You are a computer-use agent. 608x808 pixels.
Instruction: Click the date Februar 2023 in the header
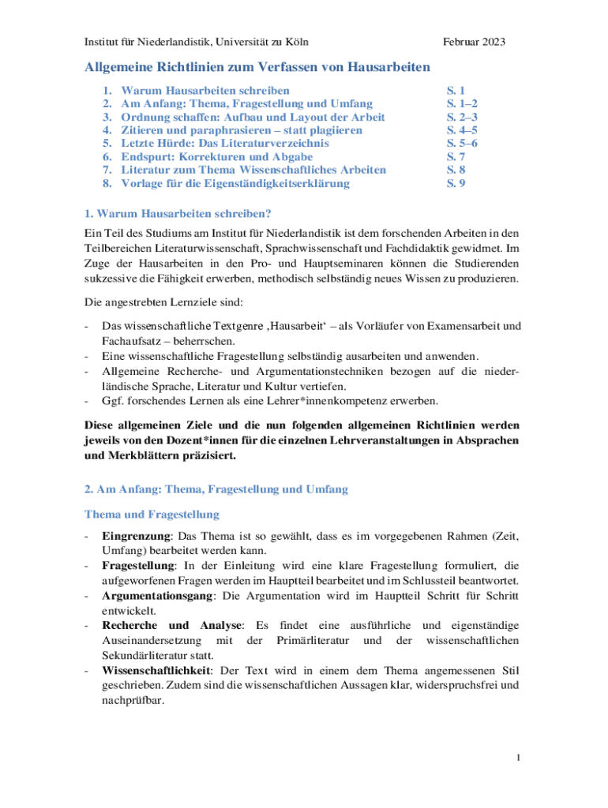click(x=474, y=41)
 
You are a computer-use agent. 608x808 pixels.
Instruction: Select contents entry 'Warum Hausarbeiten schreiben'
click(x=205, y=91)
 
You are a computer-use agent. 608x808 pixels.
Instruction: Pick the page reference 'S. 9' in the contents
click(x=456, y=183)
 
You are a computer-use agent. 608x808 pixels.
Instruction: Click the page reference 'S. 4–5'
click(x=462, y=130)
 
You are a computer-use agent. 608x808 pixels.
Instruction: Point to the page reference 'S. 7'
click(x=456, y=157)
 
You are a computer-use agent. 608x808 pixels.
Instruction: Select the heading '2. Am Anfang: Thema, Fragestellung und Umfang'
click(x=216, y=489)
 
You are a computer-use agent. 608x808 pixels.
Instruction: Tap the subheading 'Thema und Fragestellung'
click(x=151, y=514)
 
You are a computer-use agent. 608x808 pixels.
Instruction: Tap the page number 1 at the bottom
click(x=517, y=758)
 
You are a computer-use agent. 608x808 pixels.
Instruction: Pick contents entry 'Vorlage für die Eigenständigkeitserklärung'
click(x=235, y=183)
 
